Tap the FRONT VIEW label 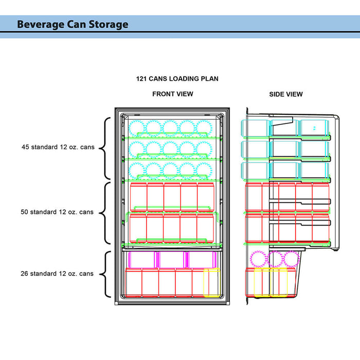pyautogui.click(x=173, y=94)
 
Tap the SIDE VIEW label pyautogui.click(x=286, y=94)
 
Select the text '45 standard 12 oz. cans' pyautogui.click(x=58, y=147)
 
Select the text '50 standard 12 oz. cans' pyautogui.click(x=58, y=212)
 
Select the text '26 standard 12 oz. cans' pyautogui.click(x=58, y=274)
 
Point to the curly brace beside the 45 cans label pyautogui.click(x=104, y=149)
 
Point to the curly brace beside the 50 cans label pyautogui.click(x=104, y=213)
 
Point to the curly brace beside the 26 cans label pyautogui.click(x=104, y=274)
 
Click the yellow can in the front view pyautogui.click(x=211, y=282)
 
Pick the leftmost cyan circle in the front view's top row pyautogui.click(x=137, y=128)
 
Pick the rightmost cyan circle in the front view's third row pyautogui.click(x=204, y=170)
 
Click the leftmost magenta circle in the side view pyautogui.click(x=257, y=259)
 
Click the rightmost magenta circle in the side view pyautogui.click(x=292, y=259)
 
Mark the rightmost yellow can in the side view pyautogui.click(x=279, y=282)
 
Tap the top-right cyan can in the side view pyautogui.click(x=314, y=128)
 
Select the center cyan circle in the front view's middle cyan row pyautogui.click(x=170, y=149)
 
